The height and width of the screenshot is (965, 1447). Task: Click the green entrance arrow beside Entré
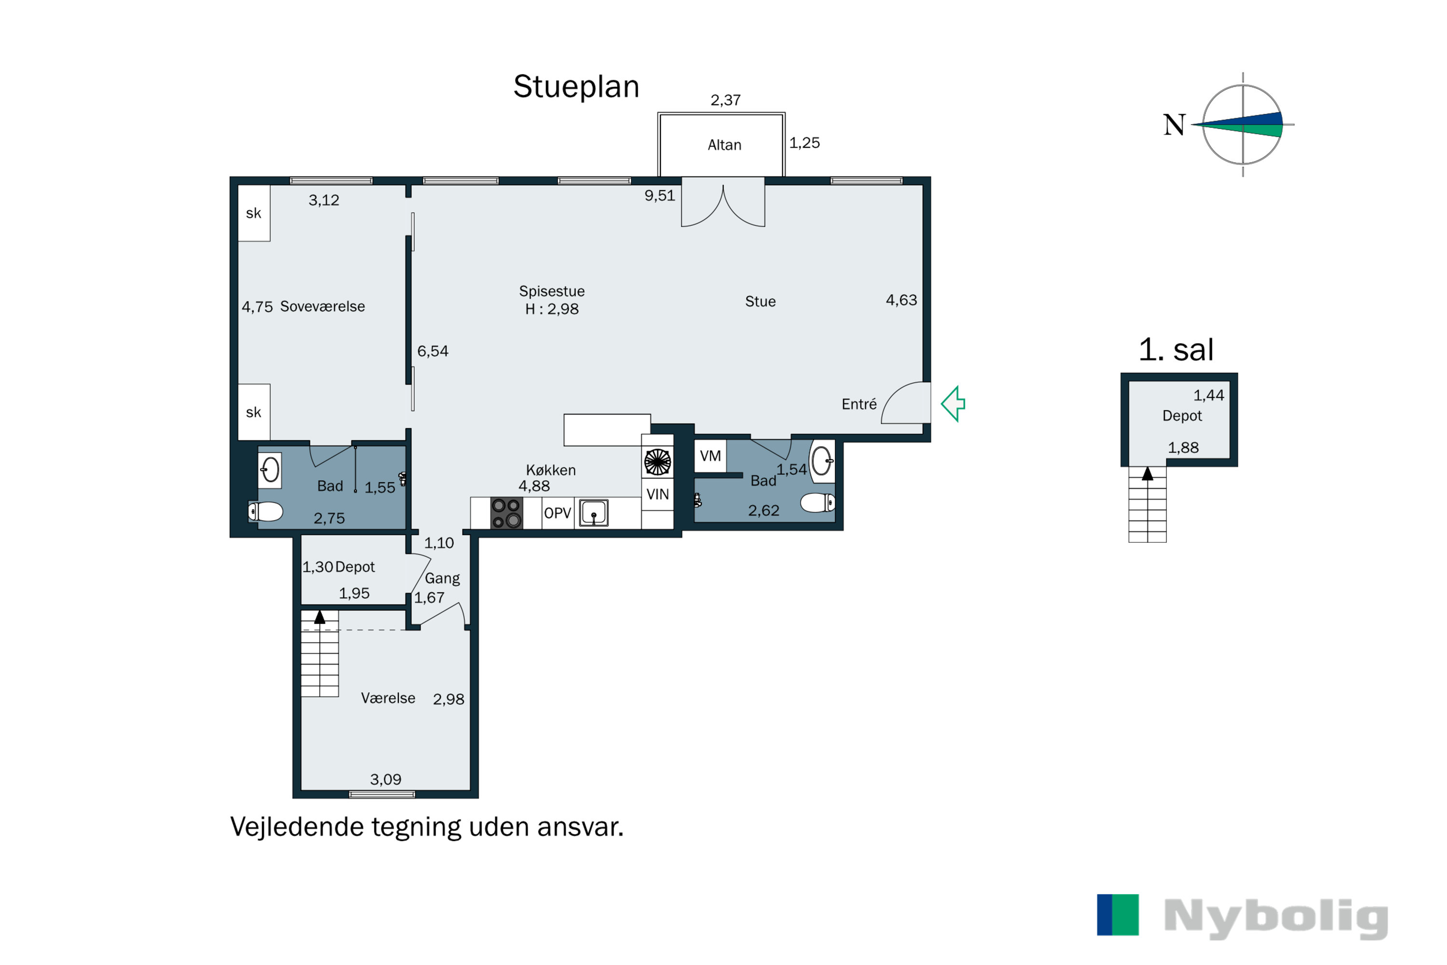(x=953, y=404)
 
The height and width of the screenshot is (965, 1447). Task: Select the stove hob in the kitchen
(x=506, y=513)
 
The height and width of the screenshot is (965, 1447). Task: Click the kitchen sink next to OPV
(x=594, y=512)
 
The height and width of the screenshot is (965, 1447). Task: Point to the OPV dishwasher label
(x=558, y=513)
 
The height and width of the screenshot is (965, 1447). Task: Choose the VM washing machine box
(x=710, y=456)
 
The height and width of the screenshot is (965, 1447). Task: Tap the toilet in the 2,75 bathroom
(x=265, y=511)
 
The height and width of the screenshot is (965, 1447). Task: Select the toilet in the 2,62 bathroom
(x=818, y=503)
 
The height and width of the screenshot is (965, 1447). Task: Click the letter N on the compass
(x=1174, y=125)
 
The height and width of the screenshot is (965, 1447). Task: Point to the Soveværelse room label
(x=322, y=306)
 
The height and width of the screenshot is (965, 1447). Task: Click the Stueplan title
(x=576, y=86)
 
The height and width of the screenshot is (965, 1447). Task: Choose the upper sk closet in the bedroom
(x=254, y=213)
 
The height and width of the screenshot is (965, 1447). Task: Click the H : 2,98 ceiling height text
(x=552, y=309)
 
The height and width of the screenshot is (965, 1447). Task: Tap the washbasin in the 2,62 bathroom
(x=822, y=460)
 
